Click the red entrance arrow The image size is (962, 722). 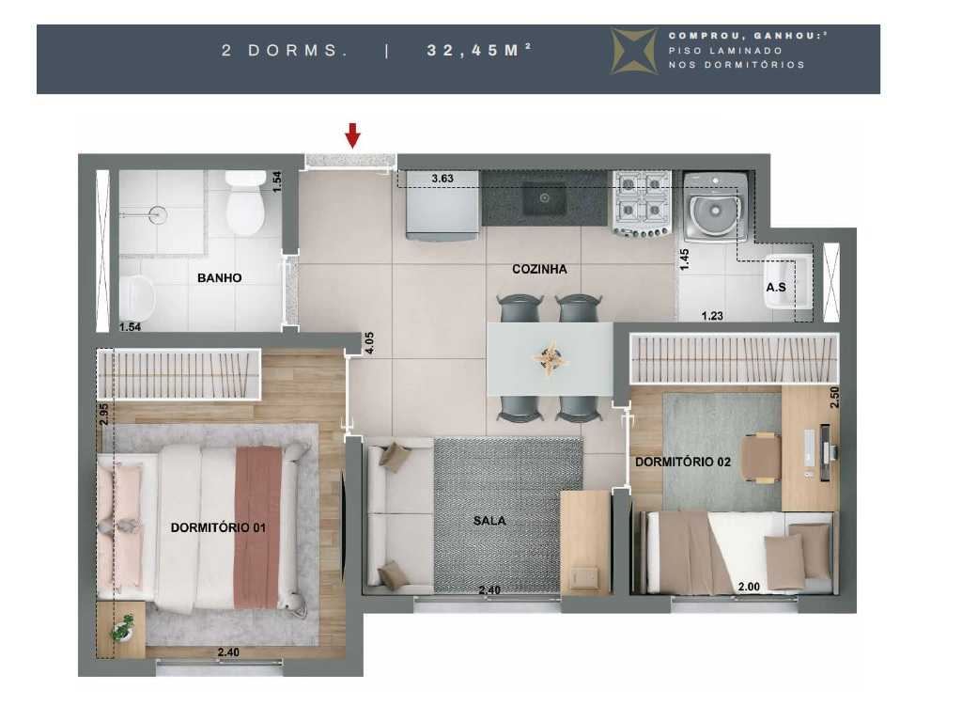(352, 135)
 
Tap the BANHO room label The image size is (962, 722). (219, 278)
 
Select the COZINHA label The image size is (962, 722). (539, 269)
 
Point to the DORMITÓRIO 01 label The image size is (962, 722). (218, 528)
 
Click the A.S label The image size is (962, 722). (776, 288)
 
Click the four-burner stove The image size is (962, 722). (642, 203)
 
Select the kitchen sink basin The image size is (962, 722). (544, 198)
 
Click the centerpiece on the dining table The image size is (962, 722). (550, 359)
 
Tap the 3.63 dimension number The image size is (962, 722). (442, 179)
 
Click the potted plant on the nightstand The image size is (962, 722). (122, 627)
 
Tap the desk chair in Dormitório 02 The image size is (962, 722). (761, 458)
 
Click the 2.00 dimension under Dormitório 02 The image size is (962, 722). (749, 588)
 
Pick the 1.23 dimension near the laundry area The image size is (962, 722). (713, 317)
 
